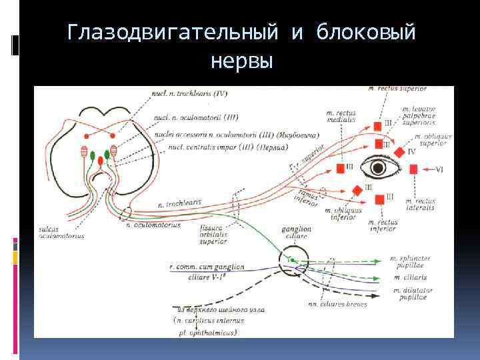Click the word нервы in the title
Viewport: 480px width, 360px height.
coord(241,61)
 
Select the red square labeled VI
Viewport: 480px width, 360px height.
coord(414,169)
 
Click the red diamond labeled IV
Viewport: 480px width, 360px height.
coord(399,152)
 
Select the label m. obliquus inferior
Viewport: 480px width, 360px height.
coord(344,213)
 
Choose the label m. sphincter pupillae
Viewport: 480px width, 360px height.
coord(419,260)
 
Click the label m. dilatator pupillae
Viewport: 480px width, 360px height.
coord(419,294)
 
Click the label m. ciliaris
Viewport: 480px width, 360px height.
coord(410,277)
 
